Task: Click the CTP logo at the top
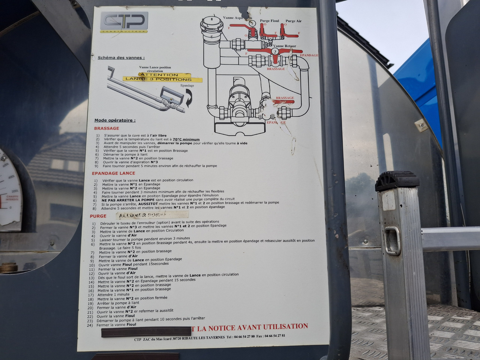(x=124, y=22)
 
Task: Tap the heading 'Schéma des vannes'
(x=121, y=58)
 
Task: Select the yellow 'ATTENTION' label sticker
(x=159, y=75)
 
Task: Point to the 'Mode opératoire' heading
(x=115, y=120)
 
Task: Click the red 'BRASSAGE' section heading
(x=106, y=128)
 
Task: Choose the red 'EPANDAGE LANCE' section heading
(x=113, y=173)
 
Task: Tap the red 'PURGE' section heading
(x=98, y=216)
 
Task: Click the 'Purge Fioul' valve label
(x=269, y=21)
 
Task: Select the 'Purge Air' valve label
(x=293, y=21)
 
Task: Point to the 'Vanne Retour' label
(x=285, y=46)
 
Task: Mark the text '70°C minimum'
(x=186, y=139)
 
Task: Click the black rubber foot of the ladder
(x=397, y=181)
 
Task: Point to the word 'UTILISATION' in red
(x=285, y=327)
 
